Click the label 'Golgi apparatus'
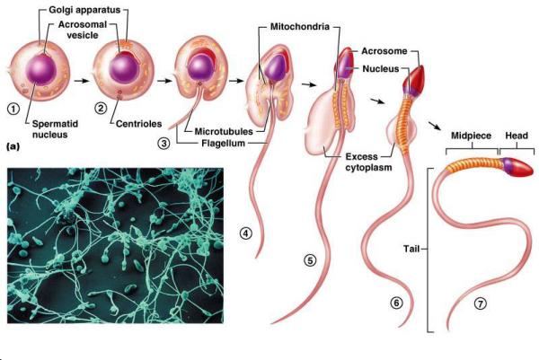point(84,10)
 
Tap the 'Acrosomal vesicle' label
point(83,30)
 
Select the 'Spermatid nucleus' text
point(55,129)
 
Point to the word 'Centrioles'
point(138,124)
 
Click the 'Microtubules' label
point(224,131)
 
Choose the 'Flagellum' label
point(223,143)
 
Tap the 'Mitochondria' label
point(300,26)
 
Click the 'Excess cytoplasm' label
point(368,162)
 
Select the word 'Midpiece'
point(471,136)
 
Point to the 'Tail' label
point(411,249)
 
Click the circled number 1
point(13,109)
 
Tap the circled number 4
point(246,233)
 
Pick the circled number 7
point(481,303)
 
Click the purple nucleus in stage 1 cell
point(41,70)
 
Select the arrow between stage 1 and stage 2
point(82,81)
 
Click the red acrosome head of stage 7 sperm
point(521,168)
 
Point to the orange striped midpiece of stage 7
point(473,164)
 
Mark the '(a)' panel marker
point(13,146)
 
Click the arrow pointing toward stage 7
point(435,125)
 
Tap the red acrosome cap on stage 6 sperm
point(416,77)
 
